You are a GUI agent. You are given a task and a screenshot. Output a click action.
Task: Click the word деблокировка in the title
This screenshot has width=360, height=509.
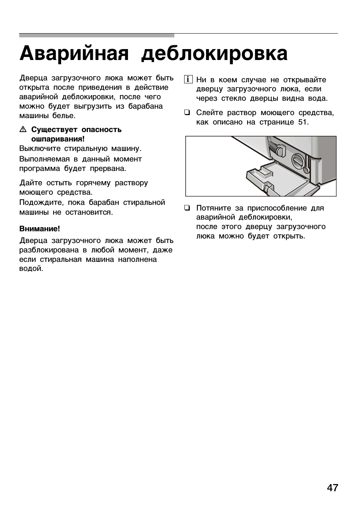click(214, 54)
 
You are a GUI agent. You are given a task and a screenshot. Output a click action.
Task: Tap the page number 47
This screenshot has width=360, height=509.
click(332, 488)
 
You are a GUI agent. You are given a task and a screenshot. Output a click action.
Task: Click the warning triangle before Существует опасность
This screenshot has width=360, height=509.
click(23, 130)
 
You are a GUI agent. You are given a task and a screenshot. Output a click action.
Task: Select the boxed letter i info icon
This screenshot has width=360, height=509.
click(188, 80)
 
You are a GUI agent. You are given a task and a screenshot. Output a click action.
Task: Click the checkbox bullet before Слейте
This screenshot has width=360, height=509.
click(187, 112)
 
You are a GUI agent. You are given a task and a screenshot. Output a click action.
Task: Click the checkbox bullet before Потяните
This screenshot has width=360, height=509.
click(187, 208)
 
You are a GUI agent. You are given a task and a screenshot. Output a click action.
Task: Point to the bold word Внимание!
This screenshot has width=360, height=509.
click(40, 229)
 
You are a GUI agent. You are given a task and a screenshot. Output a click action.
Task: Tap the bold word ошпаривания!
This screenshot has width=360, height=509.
click(58, 139)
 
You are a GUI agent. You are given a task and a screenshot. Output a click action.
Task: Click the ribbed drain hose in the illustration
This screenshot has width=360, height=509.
click(274, 148)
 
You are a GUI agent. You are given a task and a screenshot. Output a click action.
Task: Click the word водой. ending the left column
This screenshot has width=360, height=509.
click(31, 269)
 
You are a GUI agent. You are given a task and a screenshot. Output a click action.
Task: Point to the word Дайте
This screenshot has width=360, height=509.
click(31, 183)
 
